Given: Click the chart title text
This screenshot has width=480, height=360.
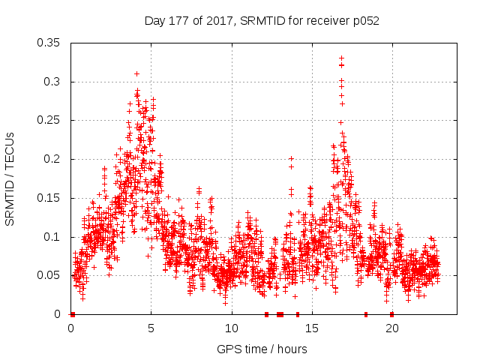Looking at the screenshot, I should pyautogui.click(x=262, y=21).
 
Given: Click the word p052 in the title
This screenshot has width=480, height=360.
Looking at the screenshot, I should pyautogui.click(x=364, y=21).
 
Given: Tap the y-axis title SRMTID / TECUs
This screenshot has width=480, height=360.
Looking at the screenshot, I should pyautogui.click(x=10, y=178).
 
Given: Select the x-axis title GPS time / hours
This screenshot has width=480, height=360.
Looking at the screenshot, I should pyautogui.click(x=262, y=349).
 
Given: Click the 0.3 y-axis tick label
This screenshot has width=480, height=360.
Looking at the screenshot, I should pyautogui.click(x=54, y=82).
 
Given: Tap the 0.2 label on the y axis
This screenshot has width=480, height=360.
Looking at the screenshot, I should pyautogui.click(x=54, y=159).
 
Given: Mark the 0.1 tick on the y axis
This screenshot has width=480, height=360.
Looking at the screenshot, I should pyautogui.click(x=54, y=237).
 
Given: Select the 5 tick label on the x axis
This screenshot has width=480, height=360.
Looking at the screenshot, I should pyautogui.click(x=151, y=328).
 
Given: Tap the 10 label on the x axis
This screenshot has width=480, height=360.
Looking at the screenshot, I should pyautogui.click(x=232, y=328).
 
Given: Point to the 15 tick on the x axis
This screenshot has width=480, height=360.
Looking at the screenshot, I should pyautogui.click(x=312, y=328).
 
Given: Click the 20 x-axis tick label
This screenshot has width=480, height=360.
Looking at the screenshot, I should pyautogui.click(x=392, y=328).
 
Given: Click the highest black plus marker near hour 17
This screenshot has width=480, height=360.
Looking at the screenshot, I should pyautogui.click(x=341, y=58).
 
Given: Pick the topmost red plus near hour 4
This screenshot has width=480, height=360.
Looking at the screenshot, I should pyautogui.click(x=136, y=73).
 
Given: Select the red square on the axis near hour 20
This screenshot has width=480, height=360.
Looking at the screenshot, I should pyautogui.click(x=391, y=314).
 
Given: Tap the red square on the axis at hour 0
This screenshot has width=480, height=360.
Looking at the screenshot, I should pyautogui.click(x=72, y=314).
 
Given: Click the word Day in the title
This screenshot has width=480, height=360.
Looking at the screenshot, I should pyautogui.click(x=154, y=21).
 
